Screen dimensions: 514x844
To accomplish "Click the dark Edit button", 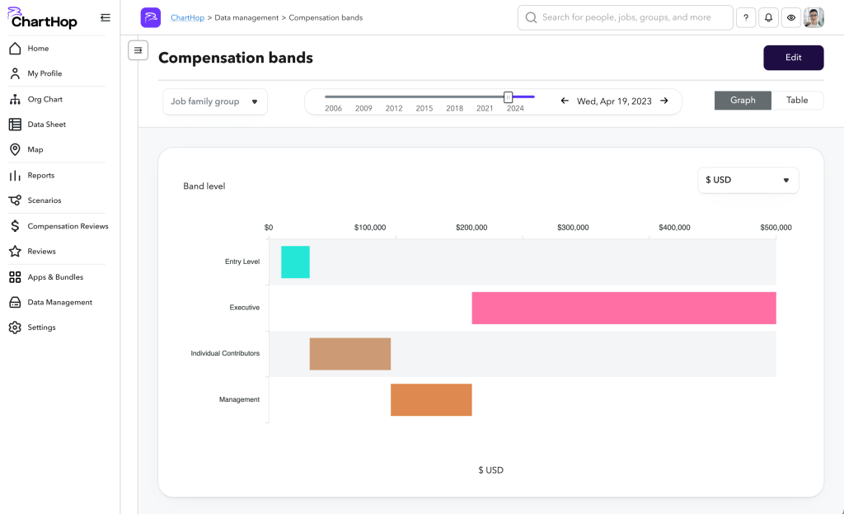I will click(793, 58).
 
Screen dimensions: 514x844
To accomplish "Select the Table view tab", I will click(797, 101).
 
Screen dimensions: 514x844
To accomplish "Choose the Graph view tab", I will click(743, 101).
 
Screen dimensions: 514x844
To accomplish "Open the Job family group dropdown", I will click(214, 101).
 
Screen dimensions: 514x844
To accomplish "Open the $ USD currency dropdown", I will click(748, 180).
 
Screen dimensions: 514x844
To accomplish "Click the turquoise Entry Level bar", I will click(295, 262).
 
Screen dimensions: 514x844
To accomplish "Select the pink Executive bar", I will click(623, 308).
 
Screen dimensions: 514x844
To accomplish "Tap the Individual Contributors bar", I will click(349, 354).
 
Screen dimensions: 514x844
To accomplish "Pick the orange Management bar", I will click(431, 399).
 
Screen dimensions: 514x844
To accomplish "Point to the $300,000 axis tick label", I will click(573, 228).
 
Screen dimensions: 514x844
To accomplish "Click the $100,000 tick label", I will click(370, 228).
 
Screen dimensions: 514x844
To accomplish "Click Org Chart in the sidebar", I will click(45, 99).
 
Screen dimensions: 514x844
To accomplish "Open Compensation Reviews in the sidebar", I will click(68, 226).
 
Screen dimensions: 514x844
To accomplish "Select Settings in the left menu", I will click(41, 328).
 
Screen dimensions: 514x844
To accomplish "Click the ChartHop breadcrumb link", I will click(189, 17).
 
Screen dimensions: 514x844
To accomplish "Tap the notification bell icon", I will click(768, 17).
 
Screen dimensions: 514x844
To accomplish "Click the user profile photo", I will click(814, 17).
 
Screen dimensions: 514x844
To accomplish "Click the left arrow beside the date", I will click(565, 101).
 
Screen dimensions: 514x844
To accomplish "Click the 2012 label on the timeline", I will click(394, 108).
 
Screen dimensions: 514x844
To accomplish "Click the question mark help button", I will click(745, 17).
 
